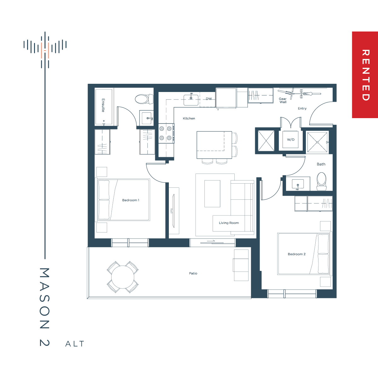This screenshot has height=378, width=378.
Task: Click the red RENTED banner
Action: pos(365,75)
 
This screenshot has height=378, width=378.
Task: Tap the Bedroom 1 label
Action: pos(131,200)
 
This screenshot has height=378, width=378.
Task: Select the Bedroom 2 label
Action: pos(297,254)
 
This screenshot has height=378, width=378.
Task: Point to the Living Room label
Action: pos(229,223)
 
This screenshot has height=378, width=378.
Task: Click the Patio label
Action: pos(193,273)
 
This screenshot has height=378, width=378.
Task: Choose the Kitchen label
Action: pos(189,118)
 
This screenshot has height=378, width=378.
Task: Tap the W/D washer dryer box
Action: pos(290,140)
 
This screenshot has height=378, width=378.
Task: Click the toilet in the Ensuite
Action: pos(144,99)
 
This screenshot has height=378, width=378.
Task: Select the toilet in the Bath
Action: pos(322,181)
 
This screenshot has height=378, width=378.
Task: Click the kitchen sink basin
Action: pos(191,100)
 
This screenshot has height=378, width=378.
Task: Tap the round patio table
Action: pos(123,277)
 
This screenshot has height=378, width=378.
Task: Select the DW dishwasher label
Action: pos(209,99)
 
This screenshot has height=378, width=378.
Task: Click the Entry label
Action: pos(302,108)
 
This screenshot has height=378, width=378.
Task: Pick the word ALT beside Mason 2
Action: pos(75,344)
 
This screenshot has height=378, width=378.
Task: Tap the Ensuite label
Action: pos(103,105)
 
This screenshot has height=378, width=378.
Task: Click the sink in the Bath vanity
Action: pos(298,184)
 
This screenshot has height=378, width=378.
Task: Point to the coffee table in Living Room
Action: pos(212,194)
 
